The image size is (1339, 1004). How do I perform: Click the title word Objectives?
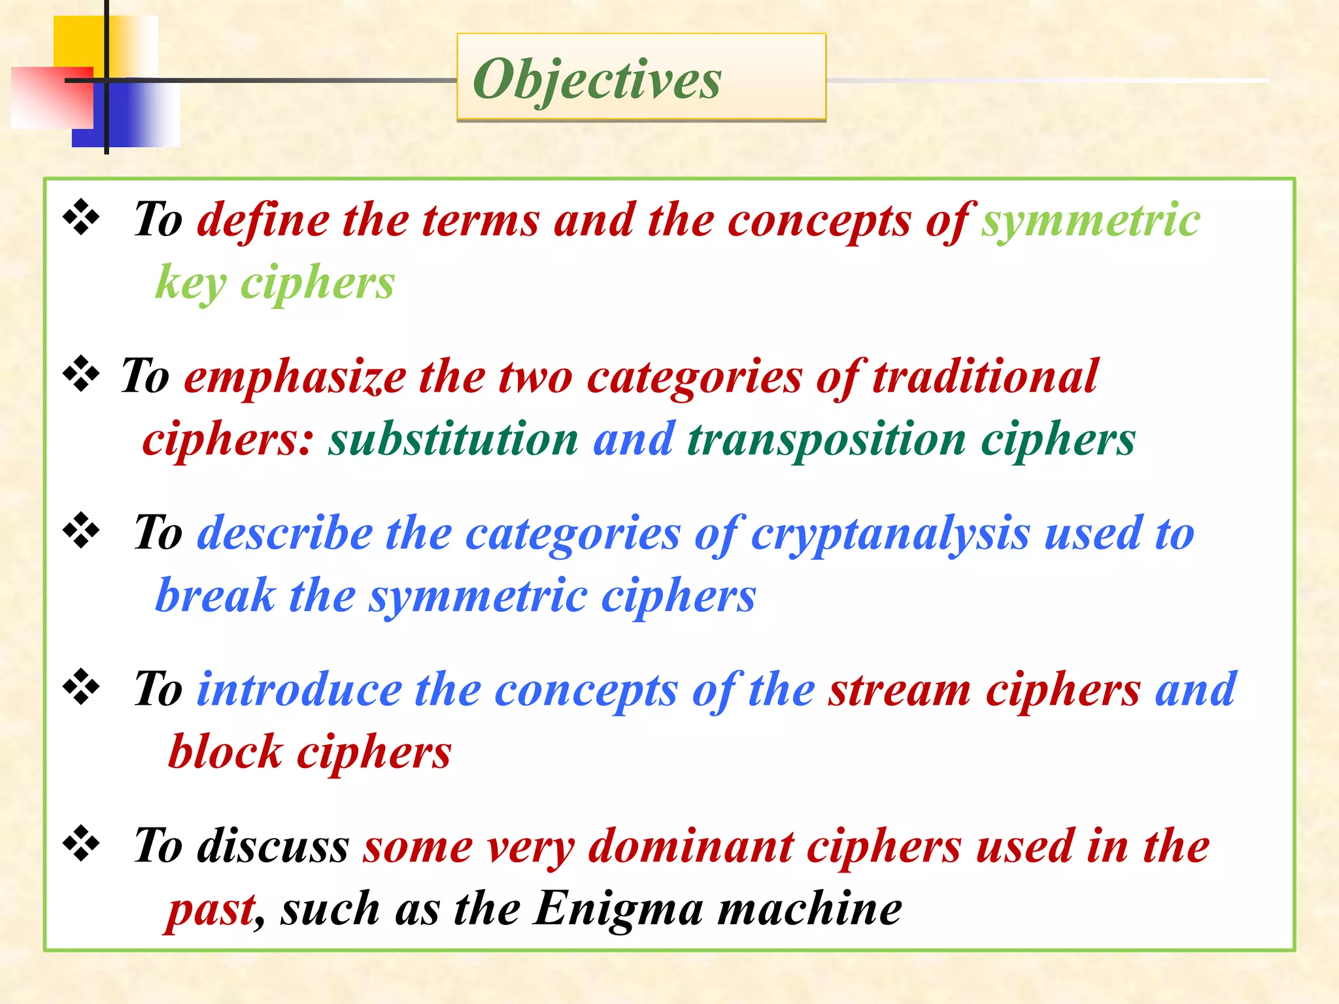[x=597, y=79]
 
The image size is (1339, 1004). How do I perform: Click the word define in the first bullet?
[x=263, y=220]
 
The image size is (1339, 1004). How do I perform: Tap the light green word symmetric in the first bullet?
[x=1091, y=220]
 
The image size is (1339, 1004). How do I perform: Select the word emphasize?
[x=295, y=377]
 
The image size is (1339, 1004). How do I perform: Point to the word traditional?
[x=985, y=377]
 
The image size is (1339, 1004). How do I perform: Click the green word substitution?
[x=453, y=439]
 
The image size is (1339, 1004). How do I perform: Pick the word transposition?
[x=826, y=439]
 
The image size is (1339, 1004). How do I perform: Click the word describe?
[x=284, y=533]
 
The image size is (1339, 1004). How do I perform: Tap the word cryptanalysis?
[x=890, y=533]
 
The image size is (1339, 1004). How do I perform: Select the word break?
[x=215, y=595]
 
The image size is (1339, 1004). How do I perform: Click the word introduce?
[x=299, y=690]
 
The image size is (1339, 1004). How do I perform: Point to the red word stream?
[x=899, y=690]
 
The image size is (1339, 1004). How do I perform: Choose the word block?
[x=225, y=752]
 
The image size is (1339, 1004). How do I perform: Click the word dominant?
[x=690, y=846]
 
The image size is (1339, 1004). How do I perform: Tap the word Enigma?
[x=618, y=909]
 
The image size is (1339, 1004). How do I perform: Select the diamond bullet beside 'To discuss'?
[x=81, y=843]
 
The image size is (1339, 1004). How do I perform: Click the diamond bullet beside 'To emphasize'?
[x=81, y=373]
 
